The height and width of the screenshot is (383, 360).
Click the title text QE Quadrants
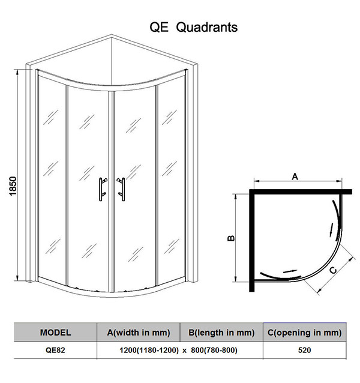[x=193, y=27]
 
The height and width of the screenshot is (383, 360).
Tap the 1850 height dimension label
[x=13, y=186]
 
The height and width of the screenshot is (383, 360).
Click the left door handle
[x=103, y=189]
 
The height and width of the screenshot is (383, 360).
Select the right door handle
[x=121, y=189]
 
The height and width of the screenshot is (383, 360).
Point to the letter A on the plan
[x=295, y=176]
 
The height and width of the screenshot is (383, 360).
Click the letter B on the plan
[x=231, y=238]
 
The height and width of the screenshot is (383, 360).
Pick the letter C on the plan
[x=333, y=270]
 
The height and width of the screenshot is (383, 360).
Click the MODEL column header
[x=55, y=333]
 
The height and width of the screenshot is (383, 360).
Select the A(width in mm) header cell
[x=139, y=333]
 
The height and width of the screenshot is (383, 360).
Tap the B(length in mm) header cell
[x=221, y=333]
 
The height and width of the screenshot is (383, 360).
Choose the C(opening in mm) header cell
[x=305, y=333]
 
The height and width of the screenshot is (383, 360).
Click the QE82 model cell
[x=55, y=350]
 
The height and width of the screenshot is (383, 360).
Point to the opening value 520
[x=305, y=350]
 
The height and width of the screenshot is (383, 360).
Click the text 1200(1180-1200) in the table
[x=149, y=350]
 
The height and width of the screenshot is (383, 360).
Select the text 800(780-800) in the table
[x=214, y=350]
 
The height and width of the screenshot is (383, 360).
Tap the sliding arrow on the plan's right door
[x=331, y=229]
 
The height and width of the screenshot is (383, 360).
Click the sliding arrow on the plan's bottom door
[x=290, y=271]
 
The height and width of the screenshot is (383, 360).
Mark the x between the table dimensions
[x=185, y=351]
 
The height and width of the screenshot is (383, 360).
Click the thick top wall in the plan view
[x=301, y=191]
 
